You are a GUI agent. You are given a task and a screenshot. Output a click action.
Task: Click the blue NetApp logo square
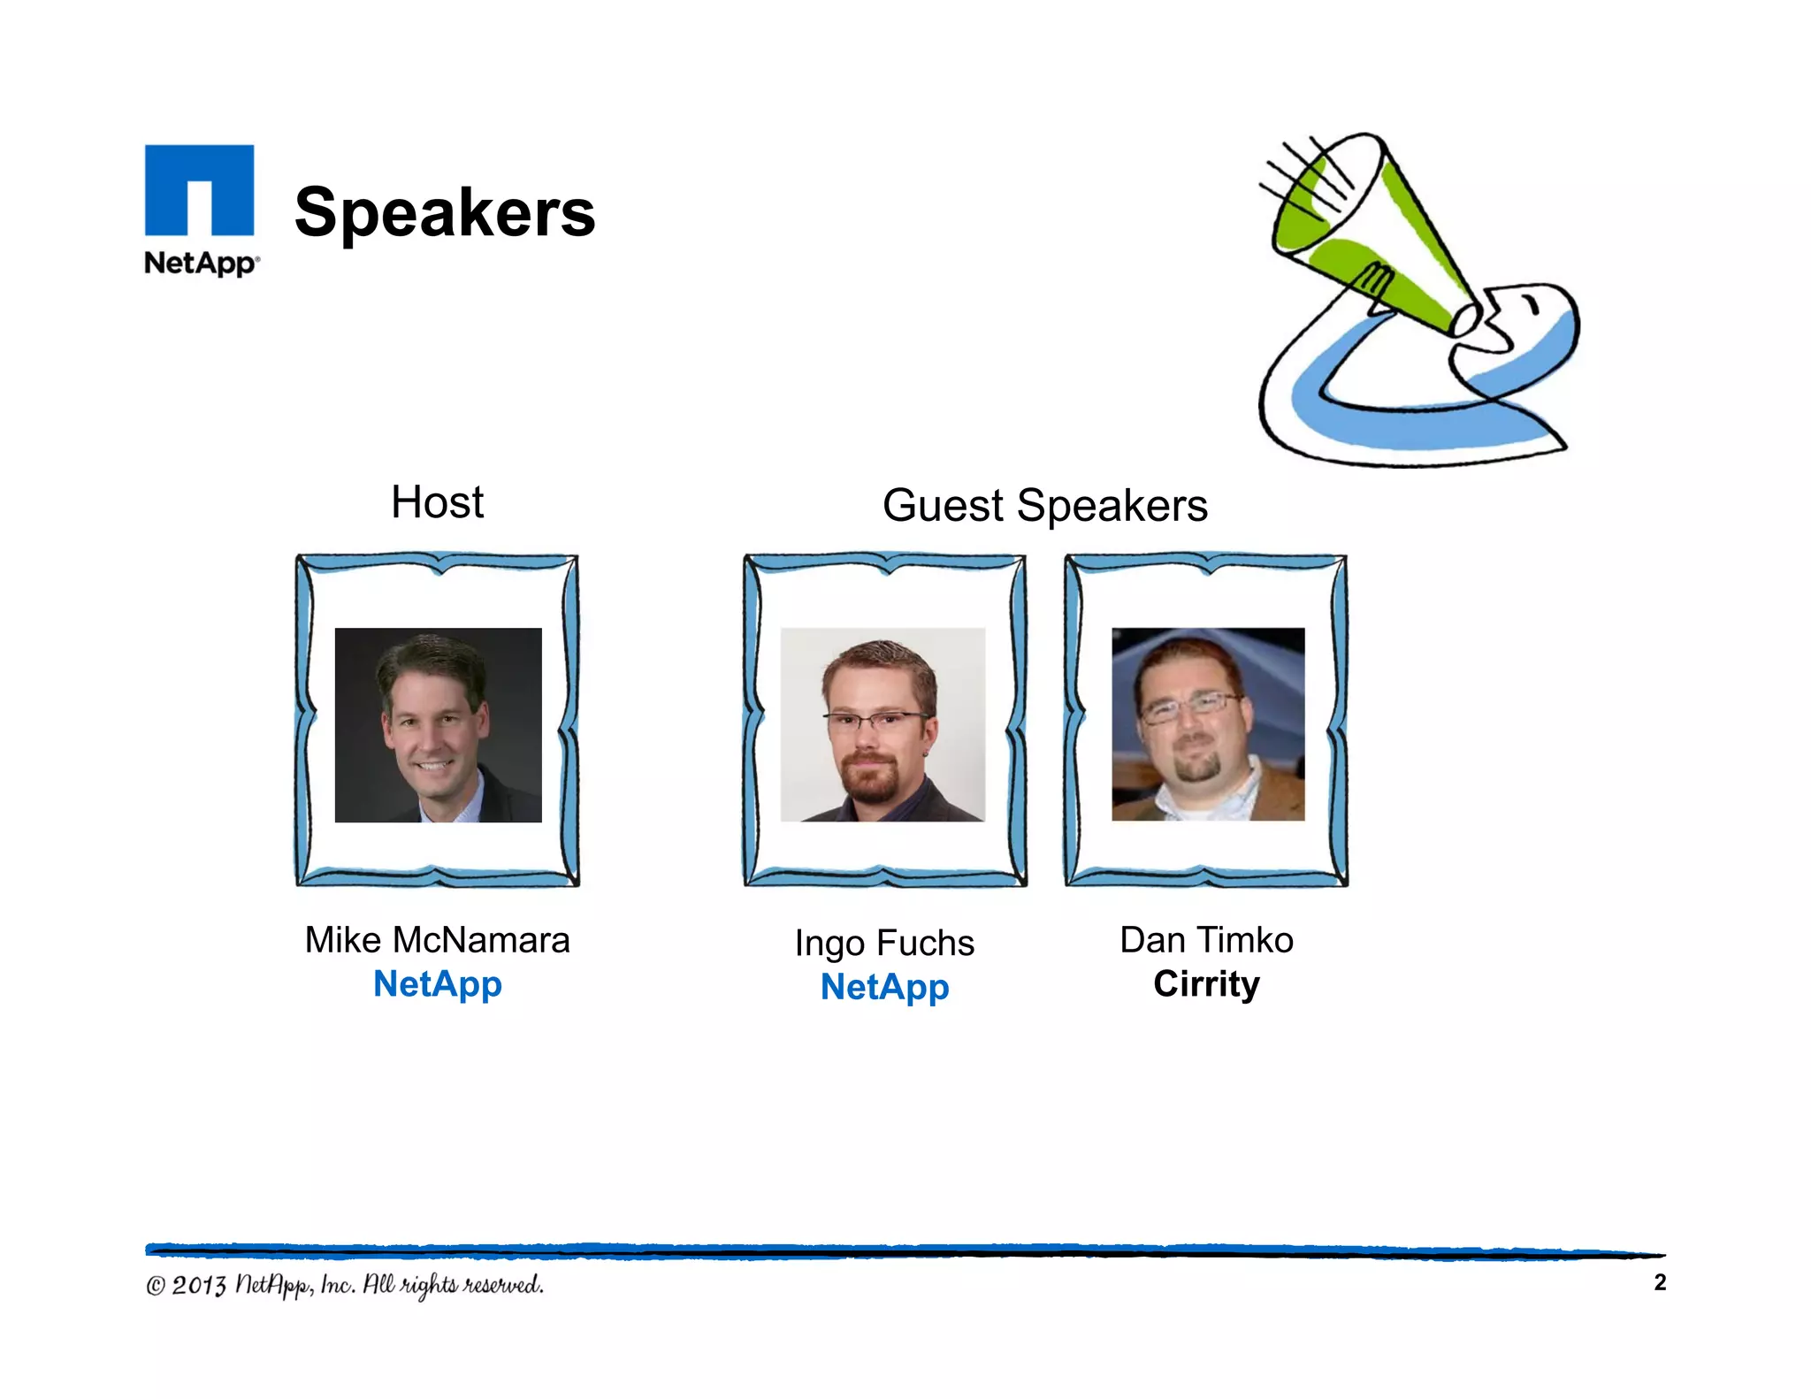[x=199, y=189]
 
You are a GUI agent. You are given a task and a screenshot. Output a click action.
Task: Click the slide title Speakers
[x=445, y=213]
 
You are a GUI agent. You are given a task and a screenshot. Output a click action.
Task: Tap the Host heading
[x=437, y=502]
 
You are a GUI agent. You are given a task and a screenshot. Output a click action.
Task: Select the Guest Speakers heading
[x=1044, y=506]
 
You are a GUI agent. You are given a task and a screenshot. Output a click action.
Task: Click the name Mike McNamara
[x=437, y=940]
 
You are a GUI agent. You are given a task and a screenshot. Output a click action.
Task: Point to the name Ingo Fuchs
[x=884, y=943]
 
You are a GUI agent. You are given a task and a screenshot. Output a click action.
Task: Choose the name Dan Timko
[x=1206, y=940]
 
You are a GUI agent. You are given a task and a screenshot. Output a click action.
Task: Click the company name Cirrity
[x=1206, y=984]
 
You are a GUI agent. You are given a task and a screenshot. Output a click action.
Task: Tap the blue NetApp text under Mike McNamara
[x=437, y=984]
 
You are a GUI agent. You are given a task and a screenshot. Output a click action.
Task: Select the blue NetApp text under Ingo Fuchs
[x=884, y=987]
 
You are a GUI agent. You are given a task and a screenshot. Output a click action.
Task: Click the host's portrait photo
[x=438, y=725]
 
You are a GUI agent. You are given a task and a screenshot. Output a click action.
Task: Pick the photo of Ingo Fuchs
[x=883, y=725]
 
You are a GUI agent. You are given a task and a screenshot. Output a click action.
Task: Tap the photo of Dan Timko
[x=1208, y=725]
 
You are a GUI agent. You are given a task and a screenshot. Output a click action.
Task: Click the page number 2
[x=1660, y=1282]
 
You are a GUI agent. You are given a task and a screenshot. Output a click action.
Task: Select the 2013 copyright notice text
[x=345, y=1285]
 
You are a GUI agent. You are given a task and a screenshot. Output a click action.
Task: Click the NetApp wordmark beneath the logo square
[x=202, y=263]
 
